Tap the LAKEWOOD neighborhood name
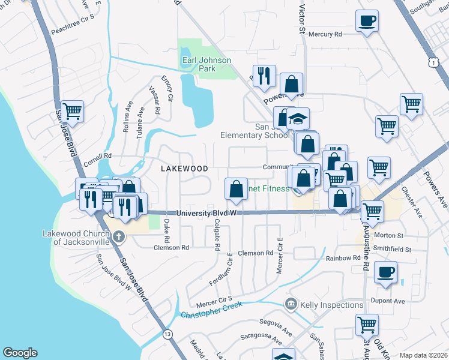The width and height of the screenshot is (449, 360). click(x=184, y=169)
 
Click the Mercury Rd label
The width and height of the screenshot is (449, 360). click(x=325, y=34)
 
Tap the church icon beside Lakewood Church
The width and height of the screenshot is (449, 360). click(x=119, y=235)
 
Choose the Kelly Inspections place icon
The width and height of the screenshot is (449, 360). click(x=292, y=305)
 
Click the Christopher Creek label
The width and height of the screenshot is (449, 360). click(x=211, y=310)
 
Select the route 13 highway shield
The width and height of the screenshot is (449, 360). click(x=166, y=334)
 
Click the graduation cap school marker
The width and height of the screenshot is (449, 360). click(x=297, y=119)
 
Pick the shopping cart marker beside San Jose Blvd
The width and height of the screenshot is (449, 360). click(x=72, y=111)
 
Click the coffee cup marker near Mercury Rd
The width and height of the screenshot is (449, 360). click(x=367, y=22)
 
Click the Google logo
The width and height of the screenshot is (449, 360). click(x=20, y=353)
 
